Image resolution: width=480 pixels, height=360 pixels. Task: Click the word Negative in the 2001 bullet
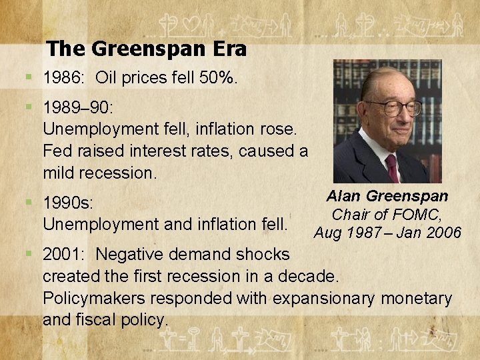pos(134,254)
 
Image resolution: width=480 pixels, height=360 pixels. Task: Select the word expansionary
pos(291,298)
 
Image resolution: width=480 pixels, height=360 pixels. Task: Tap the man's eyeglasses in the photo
pos(393,107)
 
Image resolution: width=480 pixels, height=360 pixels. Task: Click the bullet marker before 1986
pos(28,78)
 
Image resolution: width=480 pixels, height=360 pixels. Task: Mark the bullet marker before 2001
pos(28,254)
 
